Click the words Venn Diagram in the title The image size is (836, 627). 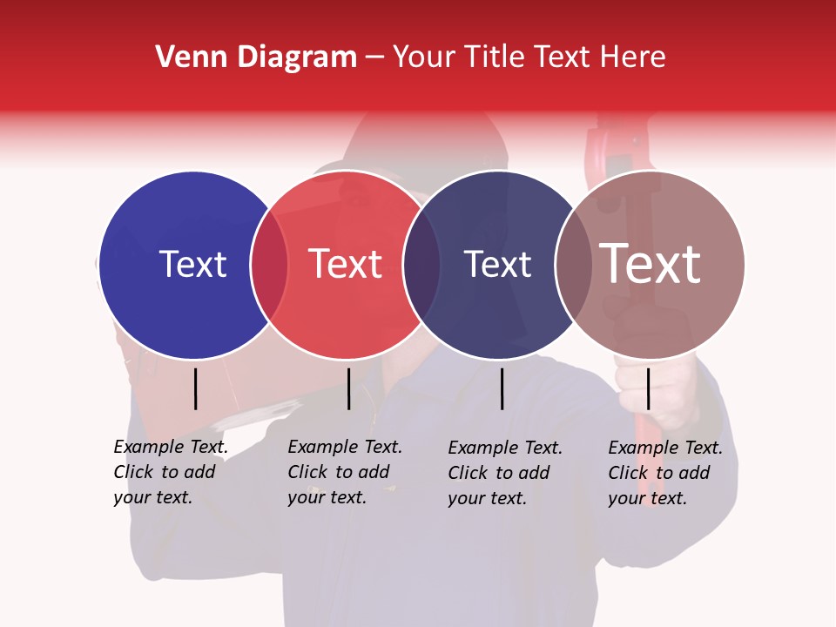point(256,57)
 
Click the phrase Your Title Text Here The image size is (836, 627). point(529,57)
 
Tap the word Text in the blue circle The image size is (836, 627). point(192,264)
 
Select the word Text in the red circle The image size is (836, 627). point(346,264)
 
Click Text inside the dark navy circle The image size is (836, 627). point(497,264)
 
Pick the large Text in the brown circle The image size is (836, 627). point(651,264)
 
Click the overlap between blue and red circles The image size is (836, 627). point(269,265)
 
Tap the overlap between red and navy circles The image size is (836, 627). point(421,265)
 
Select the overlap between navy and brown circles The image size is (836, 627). point(573,265)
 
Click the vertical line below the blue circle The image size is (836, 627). point(196,388)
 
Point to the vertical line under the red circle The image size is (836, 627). point(348,388)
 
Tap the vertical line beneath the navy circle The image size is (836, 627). point(502,388)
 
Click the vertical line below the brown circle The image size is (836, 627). point(648,388)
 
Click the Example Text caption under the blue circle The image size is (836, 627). point(170,472)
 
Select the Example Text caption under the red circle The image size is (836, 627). point(344,472)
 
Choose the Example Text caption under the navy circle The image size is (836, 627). point(505,473)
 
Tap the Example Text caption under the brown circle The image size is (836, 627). point(665,473)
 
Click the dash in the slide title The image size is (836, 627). point(374,58)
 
